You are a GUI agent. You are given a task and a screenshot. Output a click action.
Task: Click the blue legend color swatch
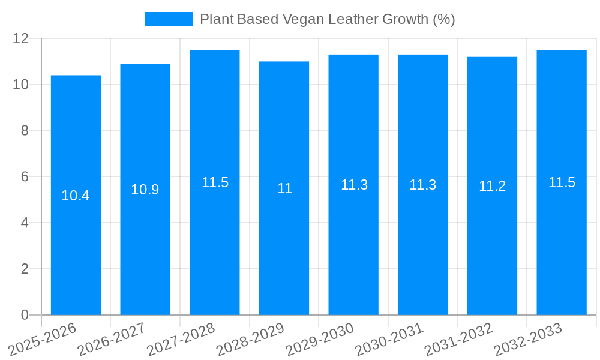(x=168, y=19)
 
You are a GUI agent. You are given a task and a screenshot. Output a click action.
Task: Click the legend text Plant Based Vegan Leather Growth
(x=327, y=19)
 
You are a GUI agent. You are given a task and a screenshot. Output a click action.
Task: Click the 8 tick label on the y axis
(x=25, y=131)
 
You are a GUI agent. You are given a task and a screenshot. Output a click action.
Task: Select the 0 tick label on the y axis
(x=25, y=315)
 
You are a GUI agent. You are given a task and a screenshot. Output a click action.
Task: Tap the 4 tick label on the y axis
(x=25, y=223)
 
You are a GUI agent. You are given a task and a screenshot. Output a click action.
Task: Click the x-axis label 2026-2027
(x=112, y=340)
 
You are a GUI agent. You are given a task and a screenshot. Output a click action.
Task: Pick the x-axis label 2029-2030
(x=320, y=340)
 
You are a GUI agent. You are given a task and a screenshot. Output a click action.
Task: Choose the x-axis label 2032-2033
(x=528, y=340)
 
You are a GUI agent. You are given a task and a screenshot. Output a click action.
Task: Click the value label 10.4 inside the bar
(x=76, y=196)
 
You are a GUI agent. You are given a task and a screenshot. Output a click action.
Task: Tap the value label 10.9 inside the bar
(x=145, y=190)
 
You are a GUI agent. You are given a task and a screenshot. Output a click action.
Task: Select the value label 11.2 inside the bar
(x=492, y=186)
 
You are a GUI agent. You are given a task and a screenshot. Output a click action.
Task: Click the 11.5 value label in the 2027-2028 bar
(x=215, y=183)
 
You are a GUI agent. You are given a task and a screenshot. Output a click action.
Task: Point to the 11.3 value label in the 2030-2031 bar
(x=423, y=185)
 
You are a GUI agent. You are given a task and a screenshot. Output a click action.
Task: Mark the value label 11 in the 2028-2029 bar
(x=284, y=188)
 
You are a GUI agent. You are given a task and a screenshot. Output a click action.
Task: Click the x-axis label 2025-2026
(x=43, y=340)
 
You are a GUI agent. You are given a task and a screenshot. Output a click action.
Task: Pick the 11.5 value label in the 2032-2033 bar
(x=562, y=183)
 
